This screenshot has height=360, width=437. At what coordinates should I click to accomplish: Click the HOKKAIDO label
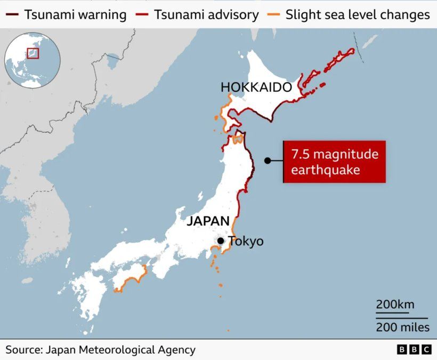point(256,87)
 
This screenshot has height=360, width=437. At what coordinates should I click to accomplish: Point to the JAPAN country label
point(208,221)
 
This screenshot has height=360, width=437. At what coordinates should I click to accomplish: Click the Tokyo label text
point(246,241)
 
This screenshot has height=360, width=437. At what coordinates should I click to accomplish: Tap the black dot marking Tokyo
point(220,241)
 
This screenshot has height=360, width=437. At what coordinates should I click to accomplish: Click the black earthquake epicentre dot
point(268,161)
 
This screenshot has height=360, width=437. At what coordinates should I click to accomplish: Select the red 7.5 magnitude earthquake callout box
point(334,162)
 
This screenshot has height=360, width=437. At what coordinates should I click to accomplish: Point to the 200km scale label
point(395,305)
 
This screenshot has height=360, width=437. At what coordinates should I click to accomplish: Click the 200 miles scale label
point(402,327)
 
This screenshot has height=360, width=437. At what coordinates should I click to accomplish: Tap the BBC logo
point(414,350)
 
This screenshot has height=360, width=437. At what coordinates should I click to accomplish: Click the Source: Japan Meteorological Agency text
point(100,350)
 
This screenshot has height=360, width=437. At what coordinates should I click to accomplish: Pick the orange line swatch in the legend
point(274,14)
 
